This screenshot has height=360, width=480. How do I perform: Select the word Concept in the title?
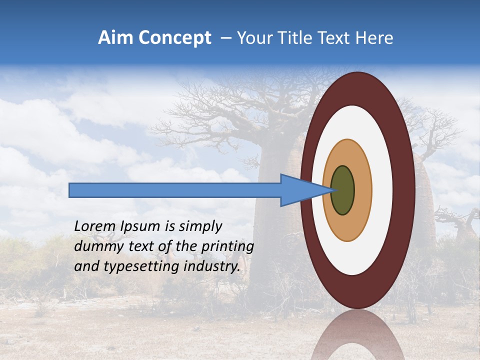coord(174,38)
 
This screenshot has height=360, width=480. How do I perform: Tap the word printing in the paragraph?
coord(227,246)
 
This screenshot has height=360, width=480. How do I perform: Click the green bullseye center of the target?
coord(343,190)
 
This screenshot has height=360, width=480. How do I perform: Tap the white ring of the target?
coord(382,190)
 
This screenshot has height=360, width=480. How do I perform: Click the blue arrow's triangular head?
coord(300,190)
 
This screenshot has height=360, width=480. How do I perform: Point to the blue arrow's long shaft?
coord(175,190)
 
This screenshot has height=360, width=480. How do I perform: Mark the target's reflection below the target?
coord(357,340)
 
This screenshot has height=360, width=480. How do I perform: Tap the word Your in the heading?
coord(253,38)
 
